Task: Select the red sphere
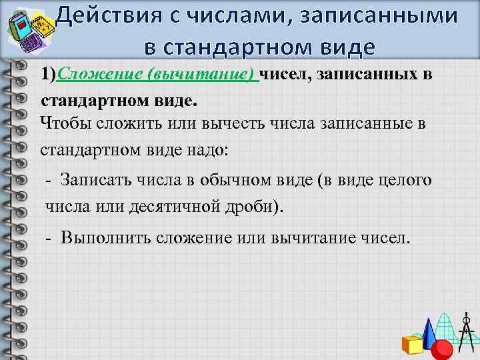tap(443, 349)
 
